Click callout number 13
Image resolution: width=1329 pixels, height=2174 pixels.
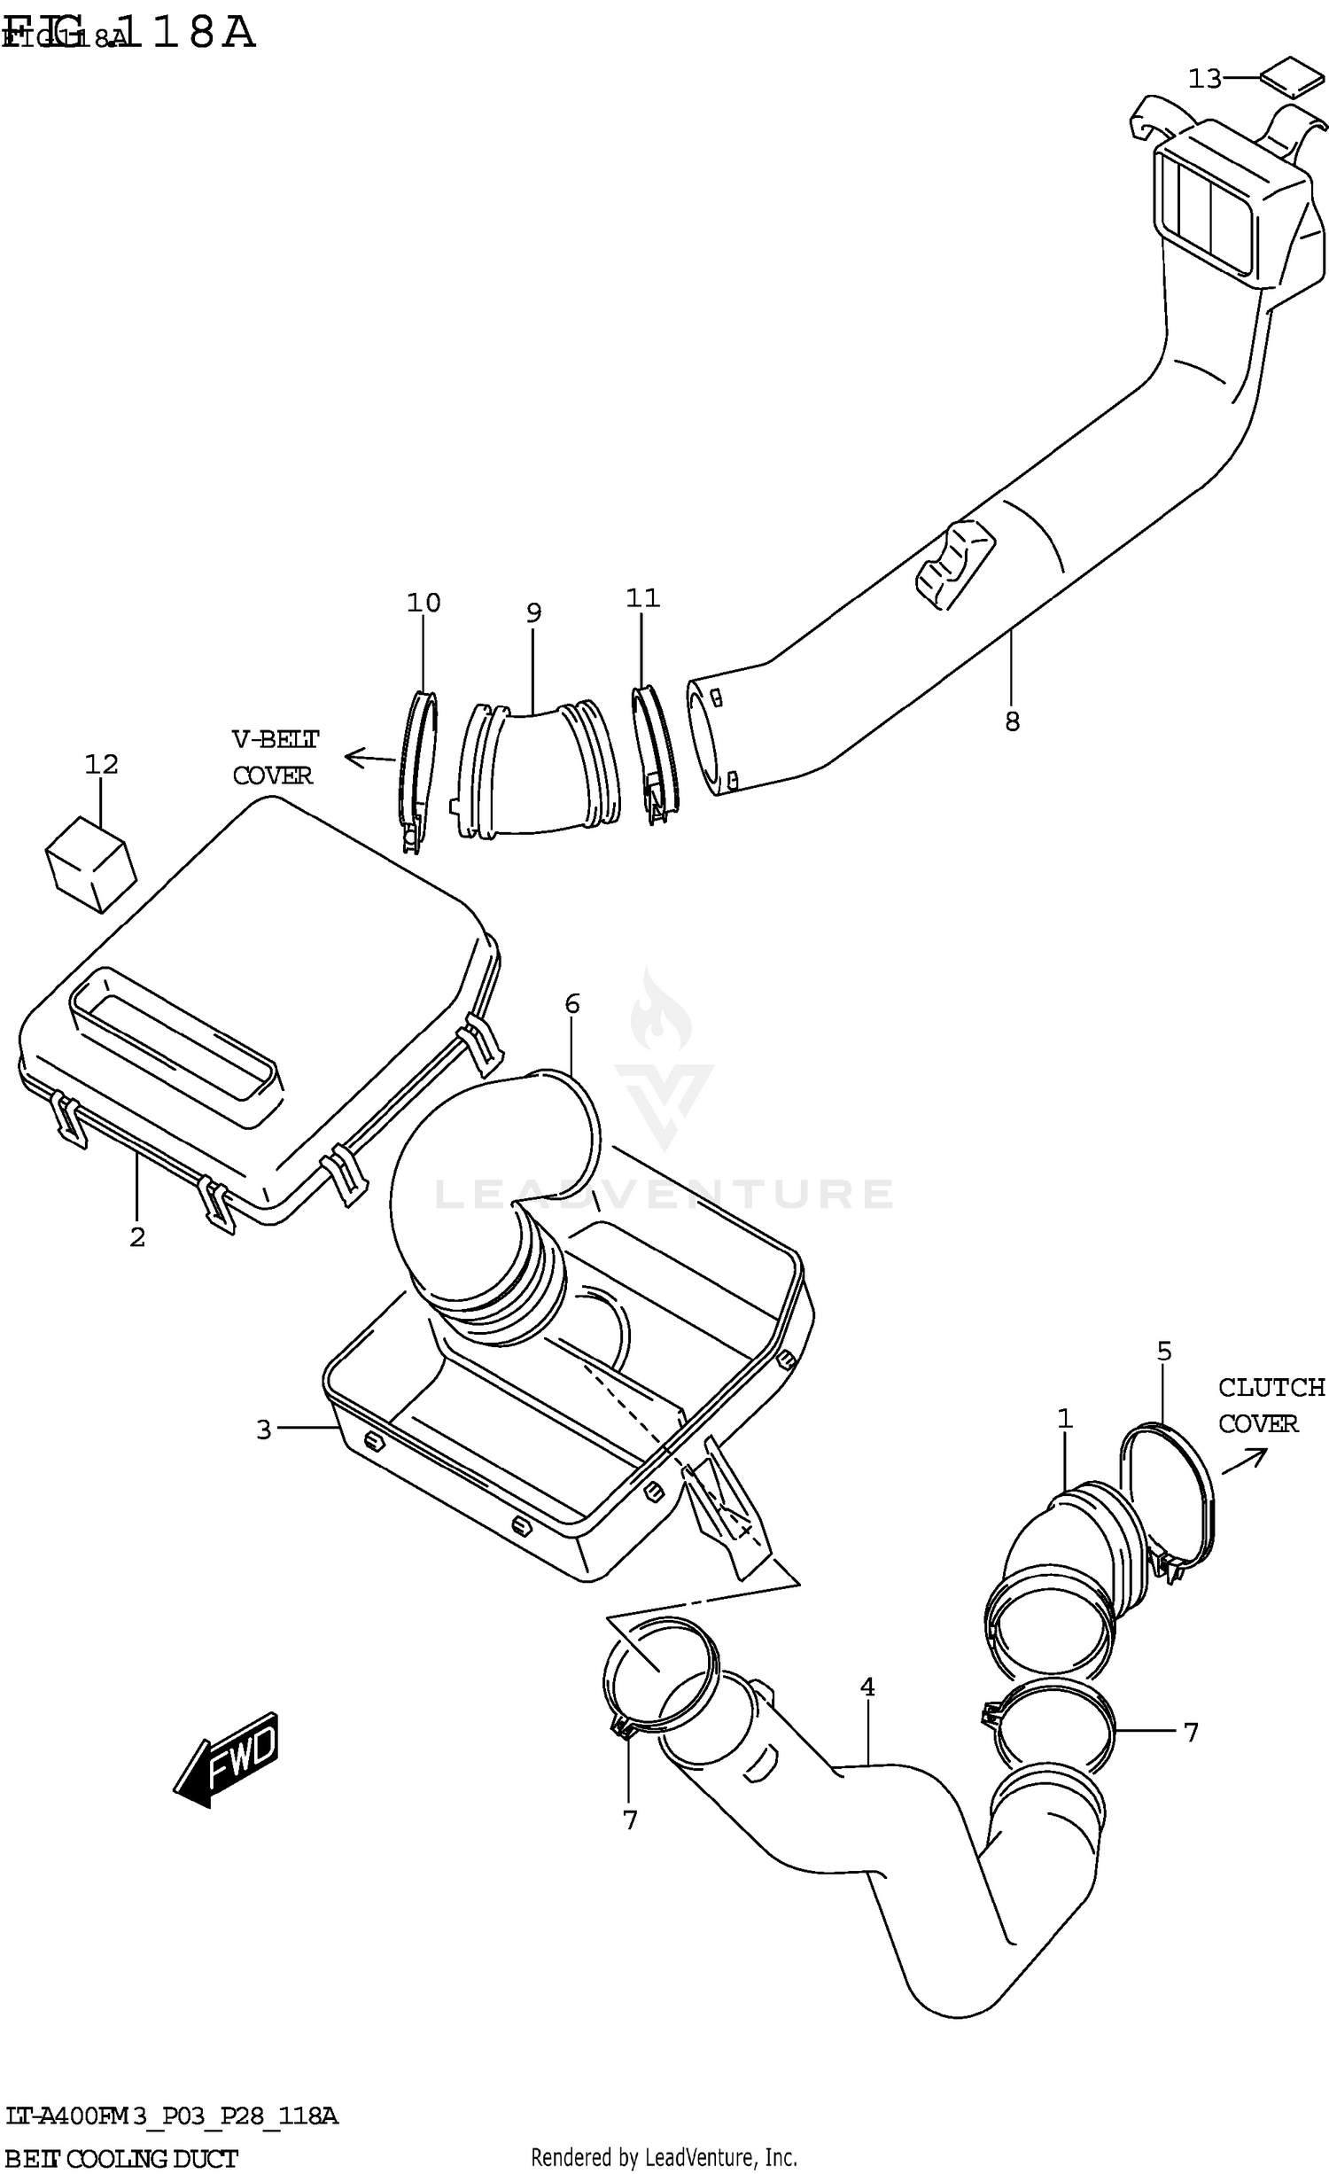1204,79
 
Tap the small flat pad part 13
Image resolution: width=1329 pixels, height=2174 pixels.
1290,77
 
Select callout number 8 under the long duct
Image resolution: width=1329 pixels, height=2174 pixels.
1012,721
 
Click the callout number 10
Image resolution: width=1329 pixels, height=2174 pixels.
424,603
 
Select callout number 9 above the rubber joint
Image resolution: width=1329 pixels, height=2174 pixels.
533,612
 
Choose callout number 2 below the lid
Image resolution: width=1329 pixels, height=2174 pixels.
137,1237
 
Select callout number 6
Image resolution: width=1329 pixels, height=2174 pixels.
572,1004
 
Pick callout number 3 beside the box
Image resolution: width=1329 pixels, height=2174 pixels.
263,1430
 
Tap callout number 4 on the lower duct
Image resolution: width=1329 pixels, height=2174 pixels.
867,1687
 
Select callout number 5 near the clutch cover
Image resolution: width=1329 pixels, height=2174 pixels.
1164,1352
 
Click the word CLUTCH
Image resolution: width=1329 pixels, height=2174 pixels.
1271,1387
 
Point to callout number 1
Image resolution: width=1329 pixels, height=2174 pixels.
1065,1419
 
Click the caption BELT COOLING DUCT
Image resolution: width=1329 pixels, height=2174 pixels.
121,2159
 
